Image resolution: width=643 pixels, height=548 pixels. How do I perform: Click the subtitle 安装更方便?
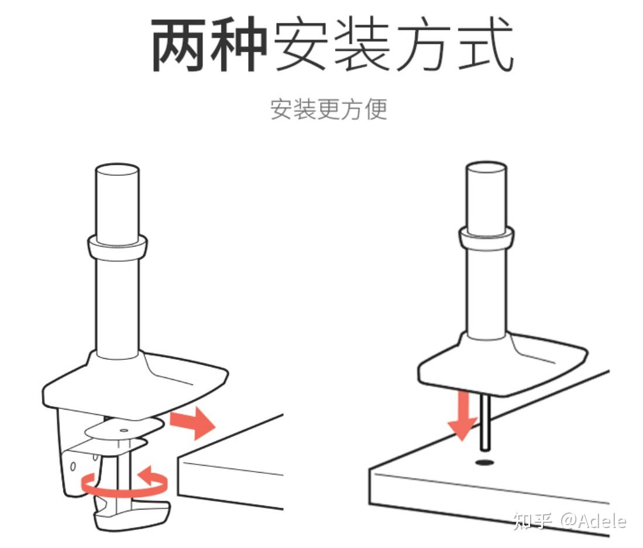coord(328,109)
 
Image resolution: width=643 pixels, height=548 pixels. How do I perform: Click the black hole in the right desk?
coord(484,463)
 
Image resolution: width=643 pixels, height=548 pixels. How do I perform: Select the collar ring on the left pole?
coord(117,247)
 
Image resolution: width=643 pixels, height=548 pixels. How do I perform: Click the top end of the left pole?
coord(117,169)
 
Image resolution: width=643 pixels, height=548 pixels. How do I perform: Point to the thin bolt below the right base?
coord(485,422)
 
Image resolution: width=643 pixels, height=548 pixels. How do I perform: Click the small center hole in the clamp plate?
coord(123,430)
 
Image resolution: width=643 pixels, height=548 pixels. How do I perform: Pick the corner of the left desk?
coord(178,457)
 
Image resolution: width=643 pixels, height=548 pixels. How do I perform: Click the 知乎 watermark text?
coord(532,521)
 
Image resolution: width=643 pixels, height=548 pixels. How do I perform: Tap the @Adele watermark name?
coord(593,521)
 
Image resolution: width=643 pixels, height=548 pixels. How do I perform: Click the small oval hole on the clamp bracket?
coord(73,466)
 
